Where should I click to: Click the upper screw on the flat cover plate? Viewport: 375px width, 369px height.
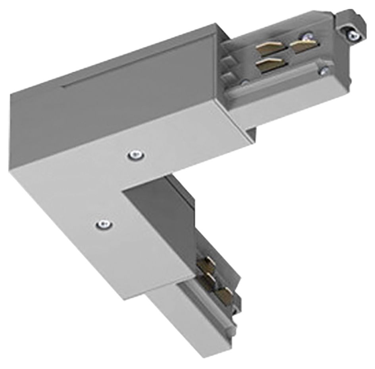[x=136, y=154]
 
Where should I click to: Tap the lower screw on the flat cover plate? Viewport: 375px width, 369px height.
[x=104, y=224]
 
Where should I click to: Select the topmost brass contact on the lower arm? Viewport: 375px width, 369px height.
[x=207, y=262]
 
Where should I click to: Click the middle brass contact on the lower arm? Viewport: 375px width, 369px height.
[x=210, y=278]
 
